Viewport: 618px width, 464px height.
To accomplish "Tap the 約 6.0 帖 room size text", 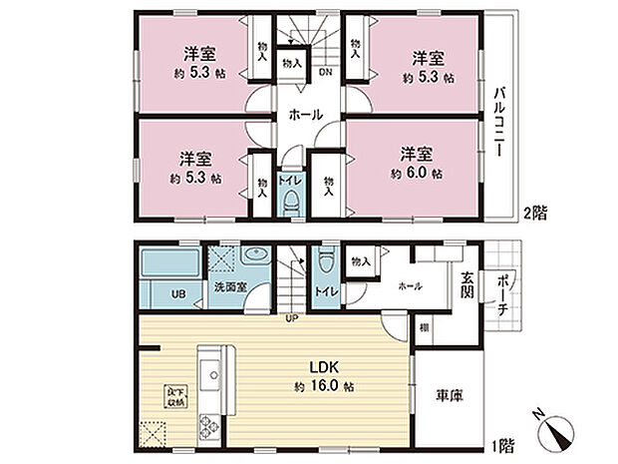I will point(423,173).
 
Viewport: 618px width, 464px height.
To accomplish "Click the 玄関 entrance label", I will point(467,285).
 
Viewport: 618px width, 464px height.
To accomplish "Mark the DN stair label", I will point(325,71).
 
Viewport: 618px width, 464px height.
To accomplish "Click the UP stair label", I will point(292,319).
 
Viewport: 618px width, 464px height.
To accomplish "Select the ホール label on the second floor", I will point(305,115).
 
